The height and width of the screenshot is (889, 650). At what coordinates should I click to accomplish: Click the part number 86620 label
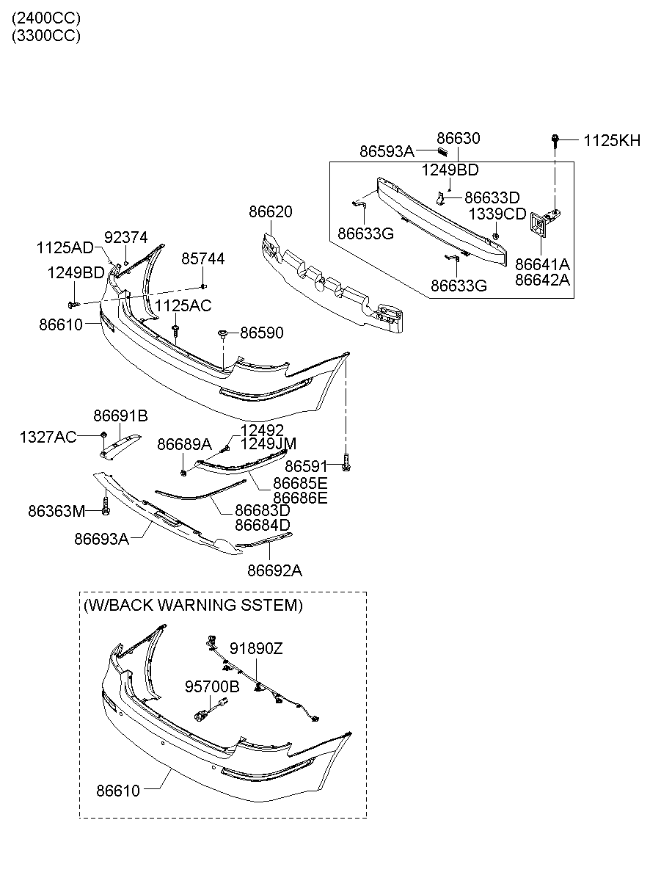click(x=270, y=212)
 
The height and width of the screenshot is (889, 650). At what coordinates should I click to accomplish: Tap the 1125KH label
click(x=612, y=140)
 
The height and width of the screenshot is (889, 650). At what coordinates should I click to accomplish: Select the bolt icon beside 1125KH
click(x=556, y=138)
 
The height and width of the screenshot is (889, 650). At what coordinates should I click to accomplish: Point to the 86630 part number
click(x=459, y=138)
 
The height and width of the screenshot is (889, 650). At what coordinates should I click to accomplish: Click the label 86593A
click(x=387, y=152)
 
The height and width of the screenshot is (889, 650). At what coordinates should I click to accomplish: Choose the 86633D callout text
click(x=492, y=197)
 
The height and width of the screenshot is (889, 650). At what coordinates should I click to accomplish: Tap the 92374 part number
click(x=125, y=237)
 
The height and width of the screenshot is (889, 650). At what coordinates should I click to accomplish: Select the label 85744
click(x=203, y=258)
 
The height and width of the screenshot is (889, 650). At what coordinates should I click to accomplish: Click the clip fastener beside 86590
click(x=222, y=335)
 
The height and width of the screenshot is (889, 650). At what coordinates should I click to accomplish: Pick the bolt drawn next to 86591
click(x=346, y=465)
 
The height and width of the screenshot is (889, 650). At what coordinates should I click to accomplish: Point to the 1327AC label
click(x=48, y=438)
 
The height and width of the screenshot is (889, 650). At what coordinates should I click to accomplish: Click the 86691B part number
click(x=120, y=416)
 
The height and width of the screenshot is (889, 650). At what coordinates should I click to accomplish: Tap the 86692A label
click(x=274, y=570)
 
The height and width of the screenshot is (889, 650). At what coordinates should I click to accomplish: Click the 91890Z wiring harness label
click(x=256, y=648)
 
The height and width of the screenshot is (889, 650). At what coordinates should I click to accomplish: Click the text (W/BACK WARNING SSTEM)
click(x=193, y=605)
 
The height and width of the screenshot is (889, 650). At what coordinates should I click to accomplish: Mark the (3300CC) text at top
click(x=45, y=35)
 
